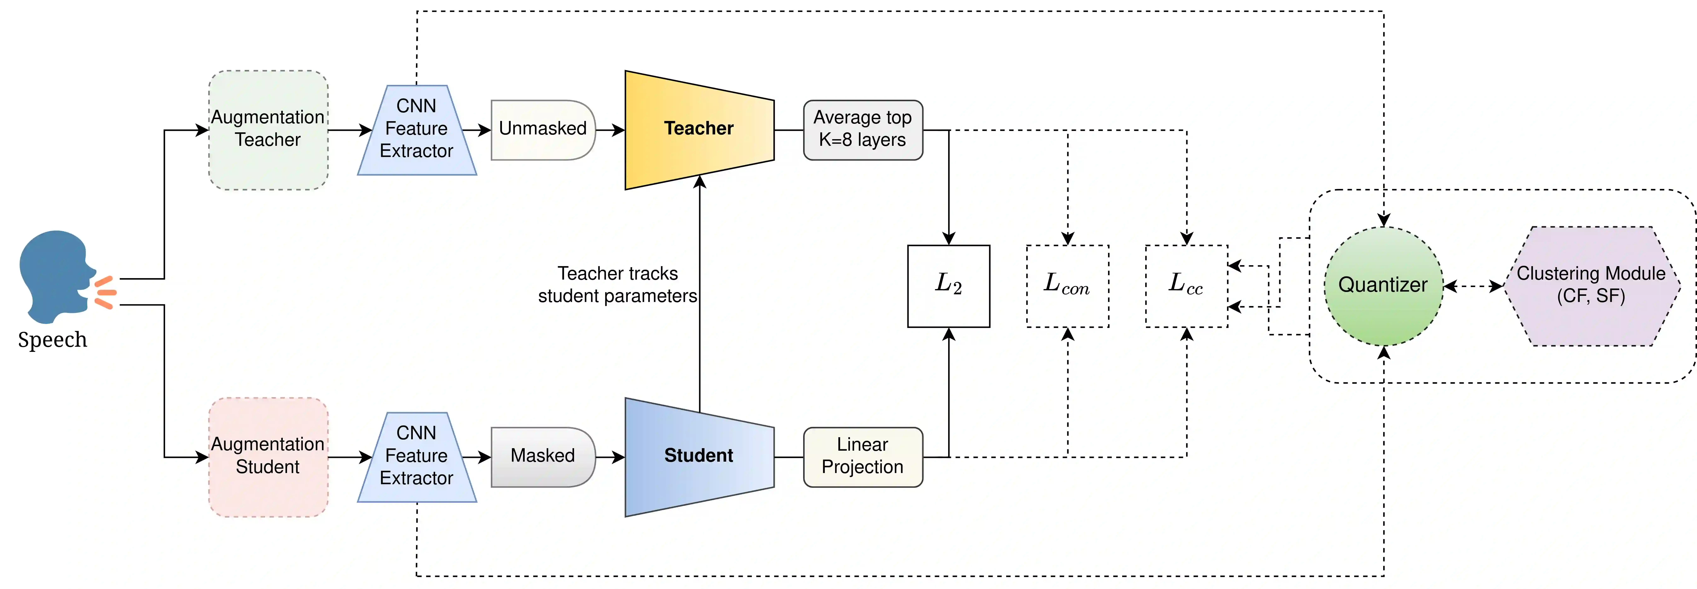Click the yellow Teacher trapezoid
699,130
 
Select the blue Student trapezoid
699,457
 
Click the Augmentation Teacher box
268,130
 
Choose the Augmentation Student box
268,457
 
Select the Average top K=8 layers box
862,130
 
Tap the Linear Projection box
862,457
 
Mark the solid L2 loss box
949,286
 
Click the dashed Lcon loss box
1067,286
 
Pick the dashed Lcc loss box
1186,286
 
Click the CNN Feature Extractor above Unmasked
416,130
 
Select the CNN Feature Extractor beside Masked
416,457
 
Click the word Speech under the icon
53,340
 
